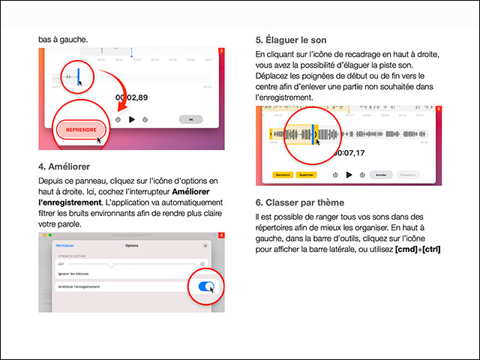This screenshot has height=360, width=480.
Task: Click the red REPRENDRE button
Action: tap(81, 130)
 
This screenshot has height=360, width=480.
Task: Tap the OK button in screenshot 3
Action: tap(190, 119)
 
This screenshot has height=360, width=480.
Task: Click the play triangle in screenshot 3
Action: tap(132, 119)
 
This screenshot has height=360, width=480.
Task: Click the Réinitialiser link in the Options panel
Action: tap(66, 245)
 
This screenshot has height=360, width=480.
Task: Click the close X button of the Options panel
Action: tap(206, 245)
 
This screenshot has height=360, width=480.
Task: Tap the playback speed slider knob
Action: tap(111, 264)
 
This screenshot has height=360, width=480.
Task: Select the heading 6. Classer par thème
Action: tap(299, 202)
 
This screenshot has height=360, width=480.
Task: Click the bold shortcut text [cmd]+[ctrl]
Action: tap(416, 249)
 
